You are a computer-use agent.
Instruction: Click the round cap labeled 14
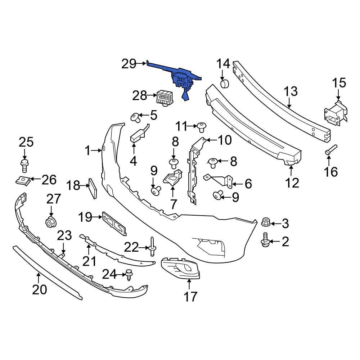pyautogui.click(x=225, y=84)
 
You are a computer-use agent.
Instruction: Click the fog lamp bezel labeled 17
pyautogui.click(x=180, y=270)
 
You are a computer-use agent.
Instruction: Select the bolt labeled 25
pyautogui.click(x=24, y=166)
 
